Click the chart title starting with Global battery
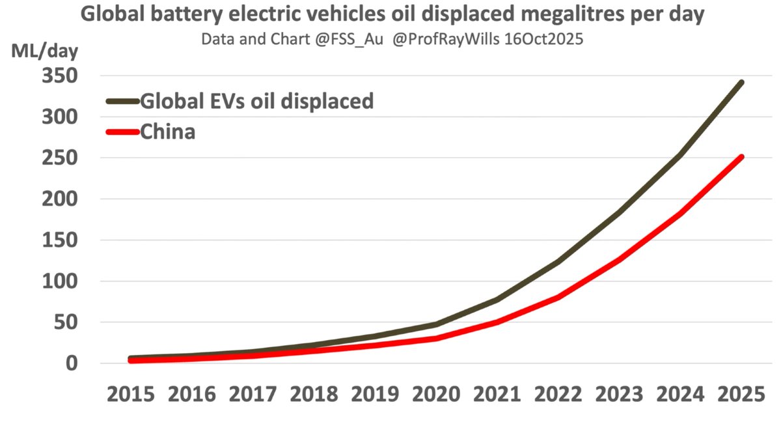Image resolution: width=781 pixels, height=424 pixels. (392, 15)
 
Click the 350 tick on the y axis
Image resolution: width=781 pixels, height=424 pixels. (59, 76)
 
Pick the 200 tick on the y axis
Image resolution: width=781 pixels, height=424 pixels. (59, 199)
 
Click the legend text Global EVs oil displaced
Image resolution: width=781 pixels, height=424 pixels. (257, 101)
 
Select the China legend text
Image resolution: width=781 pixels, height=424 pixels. (168, 132)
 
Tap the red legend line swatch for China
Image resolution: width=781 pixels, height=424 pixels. (122, 132)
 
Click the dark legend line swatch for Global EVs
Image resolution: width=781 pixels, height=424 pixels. (122, 101)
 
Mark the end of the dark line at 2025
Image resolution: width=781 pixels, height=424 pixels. (741, 83)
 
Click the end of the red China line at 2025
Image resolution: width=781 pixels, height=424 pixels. (741, 157)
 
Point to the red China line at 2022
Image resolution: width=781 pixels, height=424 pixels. (558, 298)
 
